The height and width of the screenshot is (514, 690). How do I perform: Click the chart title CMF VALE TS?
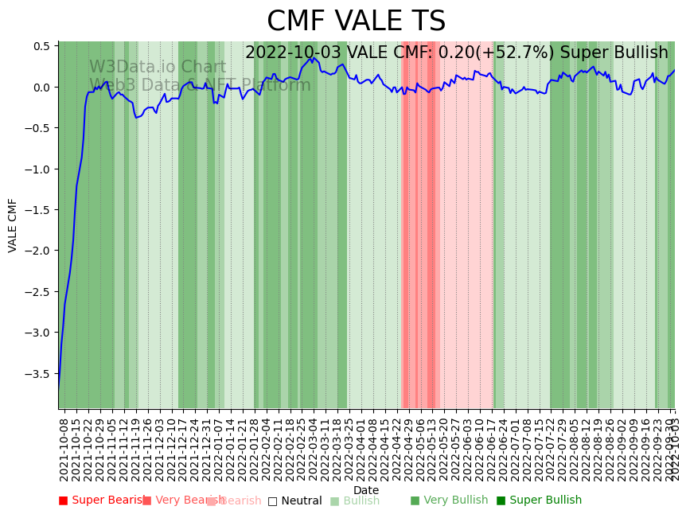click(x=356, y=21)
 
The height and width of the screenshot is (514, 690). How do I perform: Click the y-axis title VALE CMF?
click(x=13, y=225)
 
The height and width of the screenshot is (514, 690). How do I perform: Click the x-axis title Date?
click(x=366, y=490)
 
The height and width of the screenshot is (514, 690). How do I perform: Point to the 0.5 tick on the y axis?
click(x=41, y=46)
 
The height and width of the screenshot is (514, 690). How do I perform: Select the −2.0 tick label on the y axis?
click(x=38, y=251)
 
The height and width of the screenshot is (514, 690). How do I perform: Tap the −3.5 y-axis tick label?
click(x=38, y=373)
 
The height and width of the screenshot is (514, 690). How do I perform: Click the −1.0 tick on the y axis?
click(x=38, y=169)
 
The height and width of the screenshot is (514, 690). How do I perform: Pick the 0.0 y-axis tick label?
click(x=41, y=87)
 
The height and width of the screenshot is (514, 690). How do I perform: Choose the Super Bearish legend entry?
click(x=103, y=500)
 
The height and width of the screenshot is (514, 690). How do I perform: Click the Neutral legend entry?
click(x=295, y=500)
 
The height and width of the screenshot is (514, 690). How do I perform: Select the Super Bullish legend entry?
click(x=540, y=500)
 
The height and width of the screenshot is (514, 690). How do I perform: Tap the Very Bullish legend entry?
click(x=450, y=500)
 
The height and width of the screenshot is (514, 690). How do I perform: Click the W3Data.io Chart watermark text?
click(x=158, y=68)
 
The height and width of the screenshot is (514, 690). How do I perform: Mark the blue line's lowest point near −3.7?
click(x=59, y=387)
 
